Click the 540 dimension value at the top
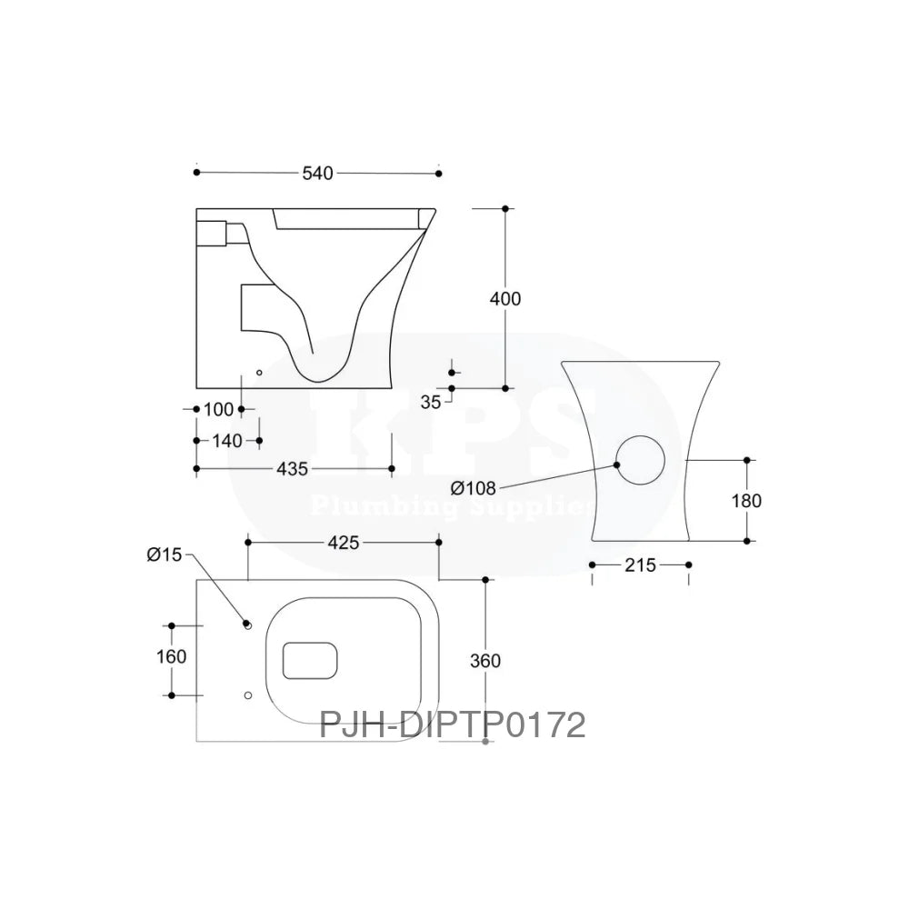coord(317,173)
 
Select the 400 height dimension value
coord(505,298)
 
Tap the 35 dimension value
coord(431,400)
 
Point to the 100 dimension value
coord(218,409)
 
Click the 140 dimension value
coord(227,441)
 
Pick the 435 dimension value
coord(293,469)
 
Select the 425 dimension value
coord(343,543)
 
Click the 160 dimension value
coord(171,656)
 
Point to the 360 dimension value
coord(486,661)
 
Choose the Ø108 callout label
coord(473,488)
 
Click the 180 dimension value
coord(746,500)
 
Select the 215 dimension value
coord(640,565)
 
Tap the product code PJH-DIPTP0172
coord(452,724)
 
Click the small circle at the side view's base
coord(258,372)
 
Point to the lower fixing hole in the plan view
coord(247,695)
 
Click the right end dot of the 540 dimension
coord(439,173)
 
